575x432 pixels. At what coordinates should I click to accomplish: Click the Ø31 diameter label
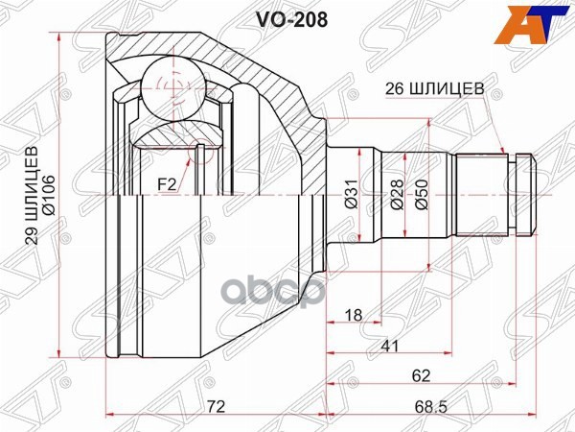[353, 198]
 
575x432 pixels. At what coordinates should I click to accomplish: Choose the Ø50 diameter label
[422, 198]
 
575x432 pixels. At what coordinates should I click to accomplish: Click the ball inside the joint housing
[173, 88]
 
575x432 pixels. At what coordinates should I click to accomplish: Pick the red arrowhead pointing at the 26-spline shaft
[501, 149]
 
